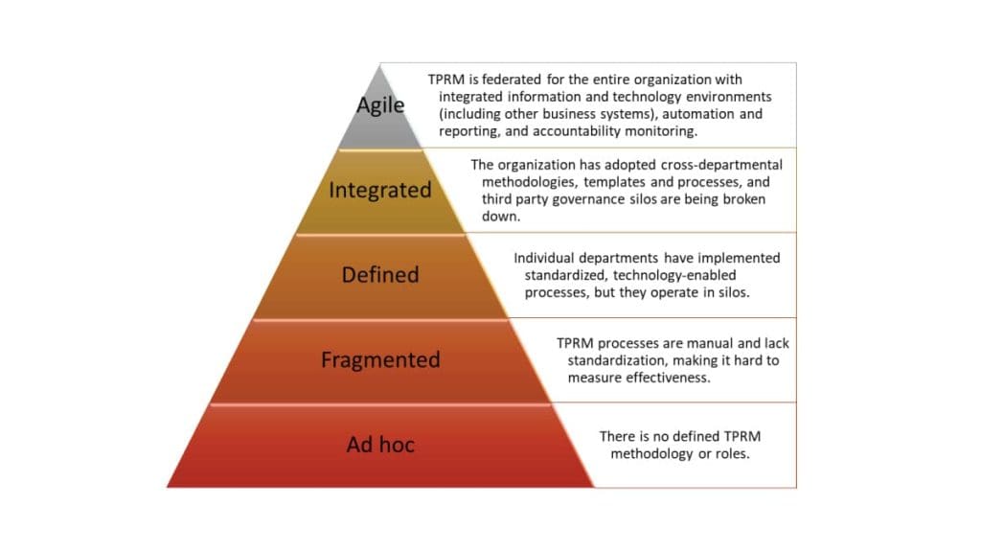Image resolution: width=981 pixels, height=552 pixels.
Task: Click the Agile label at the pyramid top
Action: (x=380, y=105)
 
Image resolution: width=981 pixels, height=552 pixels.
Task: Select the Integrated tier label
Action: (x=380, y=191)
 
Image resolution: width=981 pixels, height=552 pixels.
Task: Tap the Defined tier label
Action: (x=380, y=275)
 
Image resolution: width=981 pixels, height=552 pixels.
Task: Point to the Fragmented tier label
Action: (x=380, y=360)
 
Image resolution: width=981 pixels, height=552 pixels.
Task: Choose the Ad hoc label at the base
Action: (x=380, y=445)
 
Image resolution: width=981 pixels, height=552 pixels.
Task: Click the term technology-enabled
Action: (x=674, y=275)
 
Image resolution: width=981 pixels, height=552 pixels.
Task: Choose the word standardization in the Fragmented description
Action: (x=614, y=360)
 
